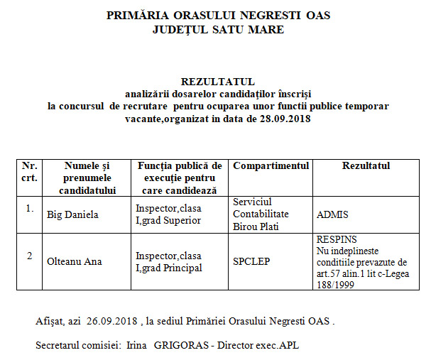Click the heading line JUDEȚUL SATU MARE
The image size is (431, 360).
[218, 30]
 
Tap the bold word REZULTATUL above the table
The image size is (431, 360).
[217, 82]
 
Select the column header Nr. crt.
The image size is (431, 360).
[29, 171]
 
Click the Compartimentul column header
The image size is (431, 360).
[271, 165]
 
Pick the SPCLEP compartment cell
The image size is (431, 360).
[251, 261]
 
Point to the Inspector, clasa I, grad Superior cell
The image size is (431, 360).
[169, 214]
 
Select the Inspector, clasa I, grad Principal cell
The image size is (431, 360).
[169, 261]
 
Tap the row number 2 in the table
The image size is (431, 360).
[29, 256]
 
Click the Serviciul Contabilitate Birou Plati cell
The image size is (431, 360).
[261, 214]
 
